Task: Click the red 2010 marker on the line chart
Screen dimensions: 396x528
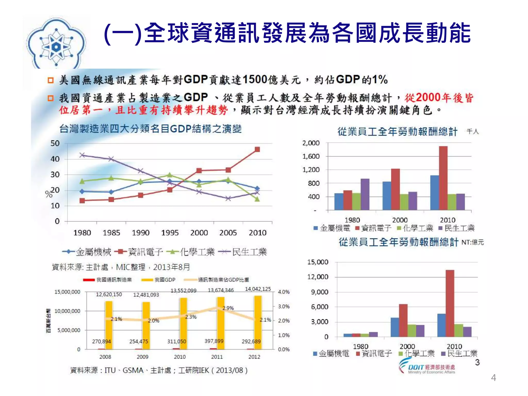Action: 257,150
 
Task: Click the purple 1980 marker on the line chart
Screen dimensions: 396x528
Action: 82,155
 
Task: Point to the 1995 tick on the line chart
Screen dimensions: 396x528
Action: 170,233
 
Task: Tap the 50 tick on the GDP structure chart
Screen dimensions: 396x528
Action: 55,143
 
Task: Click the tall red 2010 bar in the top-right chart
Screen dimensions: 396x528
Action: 443,178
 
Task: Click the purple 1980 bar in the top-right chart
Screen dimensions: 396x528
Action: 365,194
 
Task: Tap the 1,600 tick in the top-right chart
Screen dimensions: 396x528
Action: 311,156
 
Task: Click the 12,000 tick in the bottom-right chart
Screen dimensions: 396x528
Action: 318,277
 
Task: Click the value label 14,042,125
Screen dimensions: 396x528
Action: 258,289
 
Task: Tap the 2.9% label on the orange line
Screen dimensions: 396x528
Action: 228,308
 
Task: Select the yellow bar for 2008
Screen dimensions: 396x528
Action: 109,325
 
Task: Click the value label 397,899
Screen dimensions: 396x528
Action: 214,341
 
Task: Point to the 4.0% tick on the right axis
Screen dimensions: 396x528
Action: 284,292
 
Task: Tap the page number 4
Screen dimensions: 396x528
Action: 493,378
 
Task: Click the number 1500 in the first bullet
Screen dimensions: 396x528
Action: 255,80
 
